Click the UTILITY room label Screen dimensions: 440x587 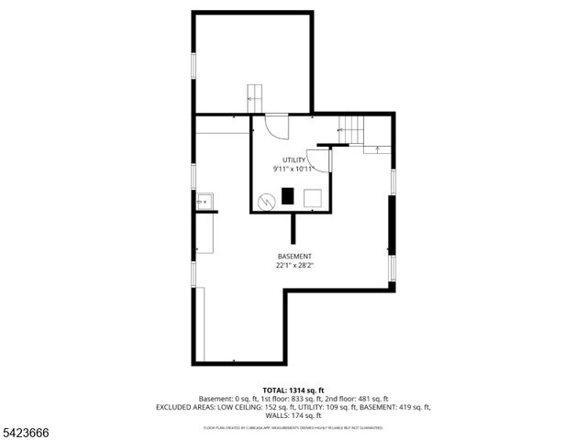click(x=293, y=160)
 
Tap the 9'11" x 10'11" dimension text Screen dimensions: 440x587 click(x=293, y=170)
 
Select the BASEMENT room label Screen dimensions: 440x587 click(x=294, y=256)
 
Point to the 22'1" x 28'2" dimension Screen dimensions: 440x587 click(x=294, y=266)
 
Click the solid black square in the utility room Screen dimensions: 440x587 click(x=288, y=196)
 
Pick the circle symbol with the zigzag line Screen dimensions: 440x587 click(x=266, y=199)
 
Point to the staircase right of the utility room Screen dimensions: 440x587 click(x=351, y=130)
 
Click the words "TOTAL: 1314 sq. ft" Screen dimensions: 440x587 click(x=293, y=390)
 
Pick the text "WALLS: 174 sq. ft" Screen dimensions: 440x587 click(x=293, y=415)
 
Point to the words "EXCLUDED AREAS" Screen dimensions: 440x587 click(x=187, y=407)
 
